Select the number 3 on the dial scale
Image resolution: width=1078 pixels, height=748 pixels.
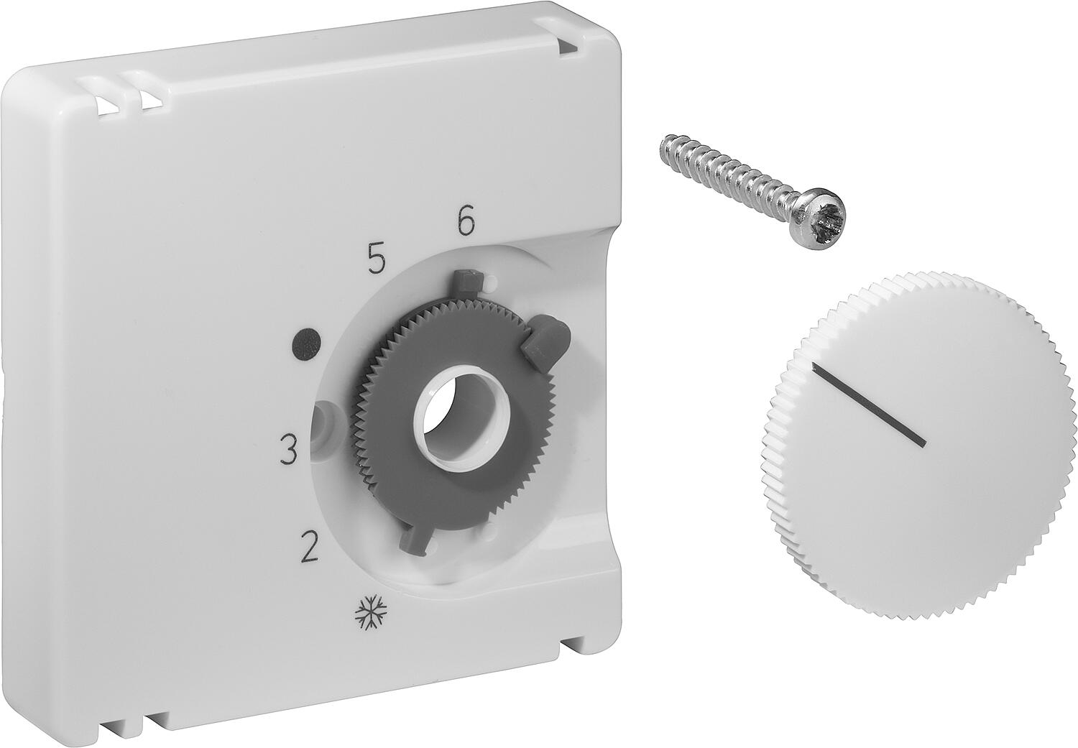[x=288, y=450]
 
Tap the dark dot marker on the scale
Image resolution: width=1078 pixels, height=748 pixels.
[x=308, y=343]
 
